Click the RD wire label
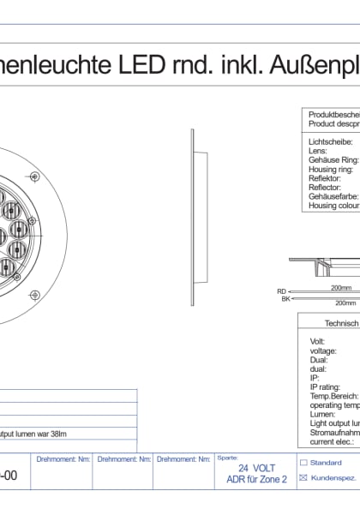281,291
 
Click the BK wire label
285,299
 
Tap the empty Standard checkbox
302,463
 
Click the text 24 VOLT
256,469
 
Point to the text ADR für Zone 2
256,480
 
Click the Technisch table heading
340,323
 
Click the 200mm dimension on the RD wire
341,288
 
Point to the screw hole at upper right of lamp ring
34,176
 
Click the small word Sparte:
227,458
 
